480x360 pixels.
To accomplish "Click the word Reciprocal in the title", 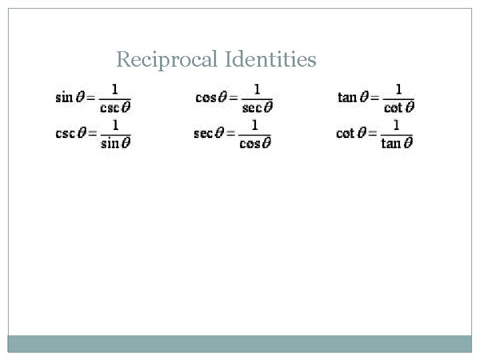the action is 159,61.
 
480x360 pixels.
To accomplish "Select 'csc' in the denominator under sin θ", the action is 112,107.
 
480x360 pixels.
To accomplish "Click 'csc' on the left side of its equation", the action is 65,133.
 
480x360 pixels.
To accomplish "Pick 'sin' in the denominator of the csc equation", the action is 112,142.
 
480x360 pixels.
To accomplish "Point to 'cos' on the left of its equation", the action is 205,97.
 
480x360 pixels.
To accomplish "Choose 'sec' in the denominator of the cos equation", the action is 251,107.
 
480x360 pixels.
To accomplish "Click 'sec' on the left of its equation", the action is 203,133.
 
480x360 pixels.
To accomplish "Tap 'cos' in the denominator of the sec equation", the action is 249,142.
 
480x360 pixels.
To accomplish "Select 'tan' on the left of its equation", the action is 347,97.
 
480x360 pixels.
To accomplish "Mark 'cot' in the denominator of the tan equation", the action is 393,107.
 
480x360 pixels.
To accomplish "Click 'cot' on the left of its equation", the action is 345,133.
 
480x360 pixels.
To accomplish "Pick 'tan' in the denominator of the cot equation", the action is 391,142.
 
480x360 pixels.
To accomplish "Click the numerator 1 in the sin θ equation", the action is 116,89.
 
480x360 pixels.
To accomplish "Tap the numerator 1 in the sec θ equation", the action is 255,124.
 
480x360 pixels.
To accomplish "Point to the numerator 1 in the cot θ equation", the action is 397,124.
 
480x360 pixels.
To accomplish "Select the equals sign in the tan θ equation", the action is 372,98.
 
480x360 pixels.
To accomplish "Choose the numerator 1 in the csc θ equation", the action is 116,124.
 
